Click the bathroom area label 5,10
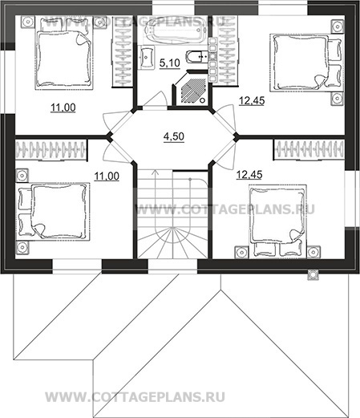click(170, 63)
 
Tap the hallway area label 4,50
click(174, 136)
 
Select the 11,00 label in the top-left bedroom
click(63, 108)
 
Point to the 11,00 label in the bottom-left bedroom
click(107, 177)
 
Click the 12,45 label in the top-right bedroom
click(252, 101)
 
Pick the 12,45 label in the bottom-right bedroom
click(249, 175)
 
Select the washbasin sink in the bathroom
click(147, 57)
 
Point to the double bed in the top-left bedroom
click(64, 53)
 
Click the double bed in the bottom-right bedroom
click(278, 221)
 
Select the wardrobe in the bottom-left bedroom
click(51, 150)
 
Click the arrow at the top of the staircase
click(155, 172)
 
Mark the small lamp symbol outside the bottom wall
click(313, 274)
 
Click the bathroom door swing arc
click(159, 98)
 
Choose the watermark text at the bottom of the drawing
click(135, 397)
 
